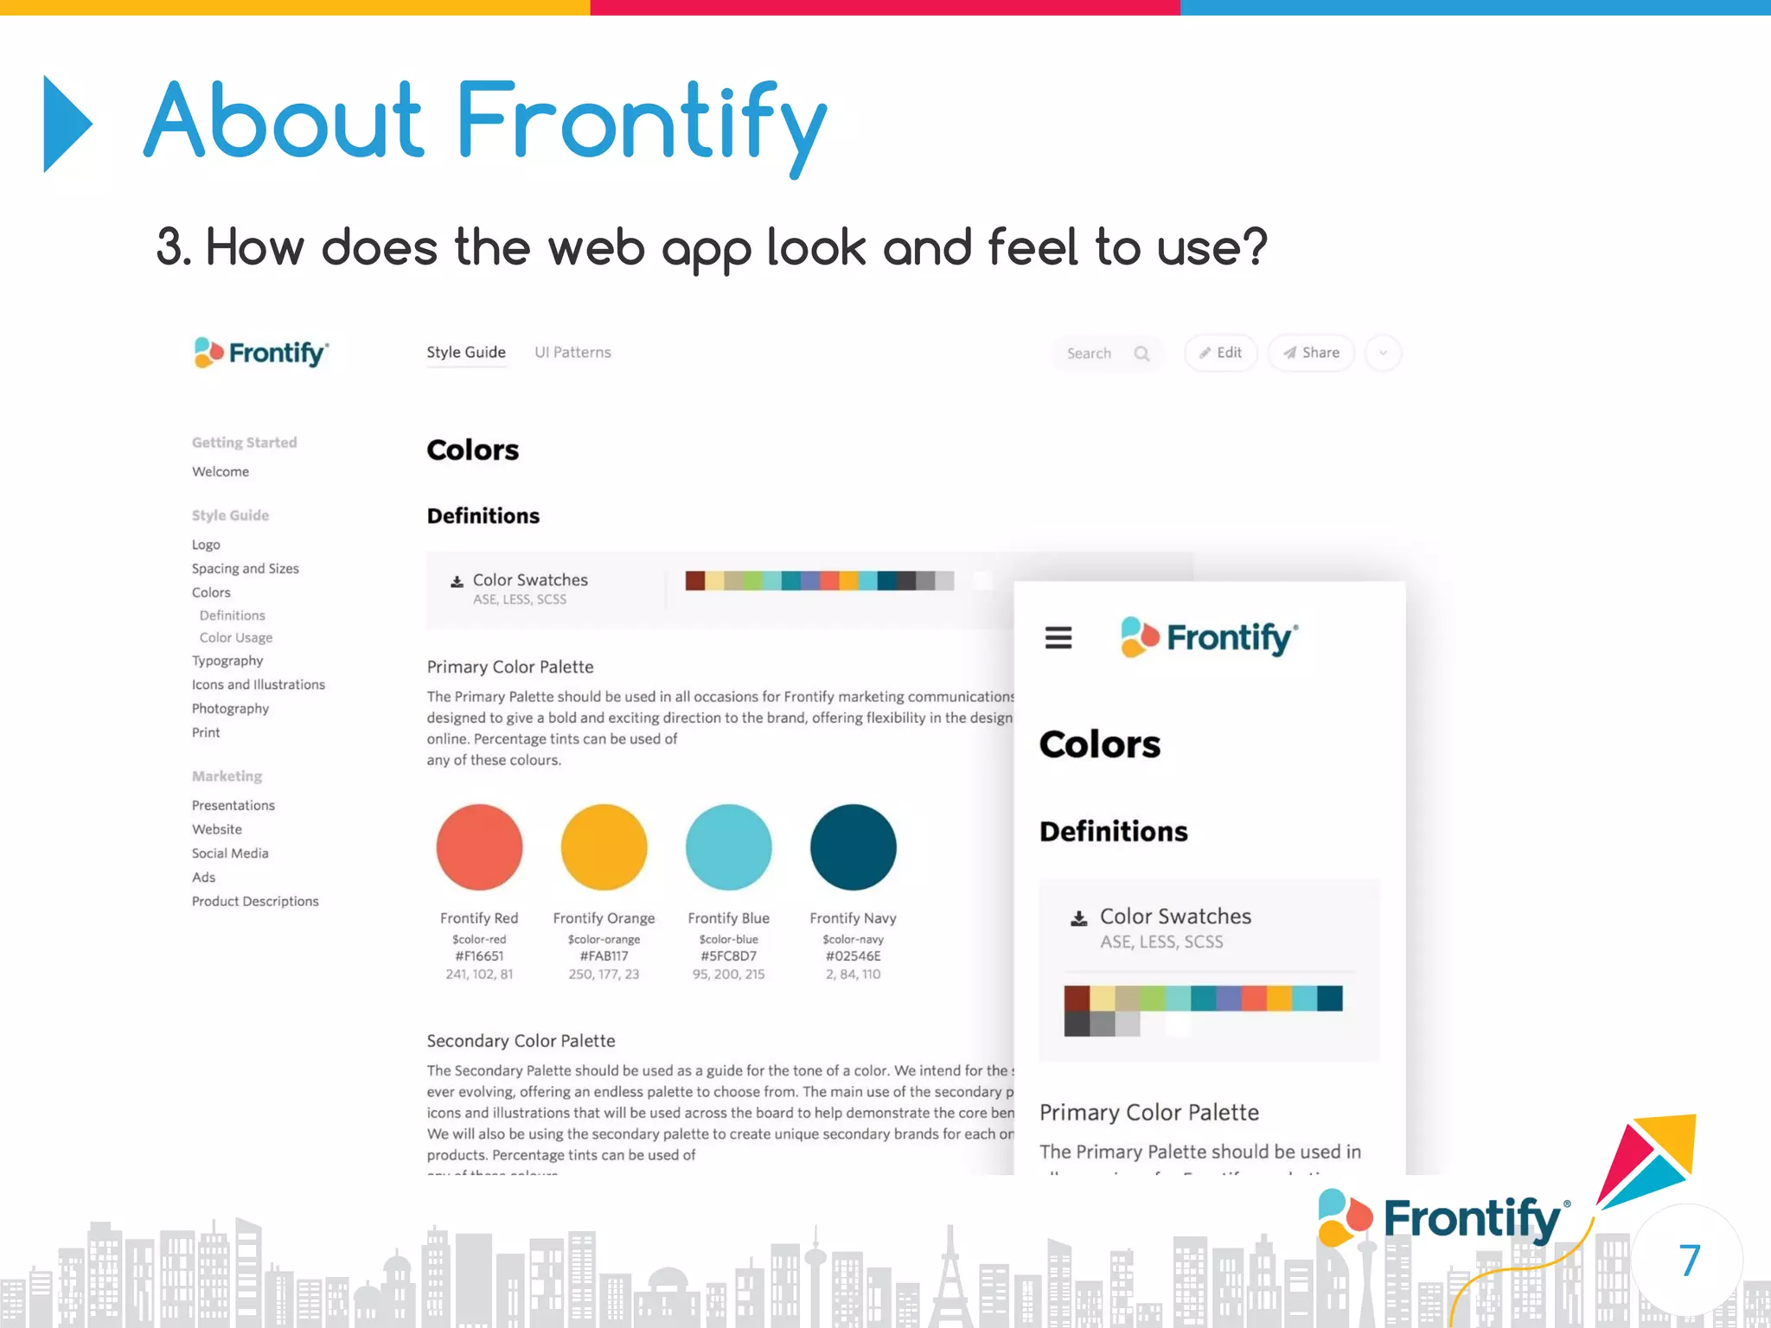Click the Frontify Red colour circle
(x=479, y=846)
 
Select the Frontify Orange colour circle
(x=604, y=846)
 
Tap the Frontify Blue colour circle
(x=728, y=846)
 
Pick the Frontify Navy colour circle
(x=853, y=846)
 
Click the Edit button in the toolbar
(x=1220, y=353)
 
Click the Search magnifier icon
(x=1141, y=354)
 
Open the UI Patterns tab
(x=572, y=352)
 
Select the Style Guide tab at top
(x=465, y=352)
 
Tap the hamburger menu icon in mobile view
(x=1058, y=638)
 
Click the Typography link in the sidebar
(x=227, y=661)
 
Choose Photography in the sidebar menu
(x=230, y=708)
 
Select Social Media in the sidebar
(x=230, y=853)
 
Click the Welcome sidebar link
(x=221, y=471)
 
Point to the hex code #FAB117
(x=604, y=956)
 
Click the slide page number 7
(x=1689, y=1261)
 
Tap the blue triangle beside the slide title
(x=66, y=124)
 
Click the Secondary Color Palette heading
(x=521, y=1041)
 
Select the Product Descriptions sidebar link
(x=255, y=901)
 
